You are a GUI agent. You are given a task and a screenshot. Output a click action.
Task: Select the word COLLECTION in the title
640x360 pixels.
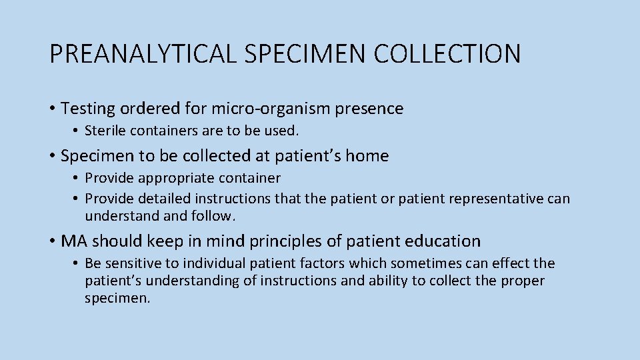pos(447,54)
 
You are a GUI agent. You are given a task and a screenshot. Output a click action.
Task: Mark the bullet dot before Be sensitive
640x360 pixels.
pos(77,263)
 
